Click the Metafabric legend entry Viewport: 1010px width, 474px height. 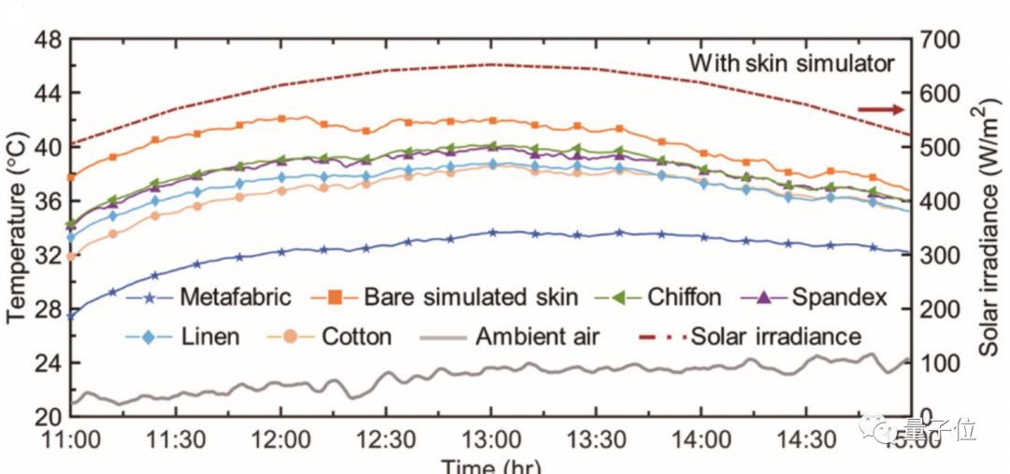(x=237, y=298)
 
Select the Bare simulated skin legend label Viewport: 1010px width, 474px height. (x=470, y=298)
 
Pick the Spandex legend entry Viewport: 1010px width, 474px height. (x=836, y=298)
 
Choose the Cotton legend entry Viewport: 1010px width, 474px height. (x=356, y=335)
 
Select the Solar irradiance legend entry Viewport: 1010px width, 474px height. (x=776, y=335)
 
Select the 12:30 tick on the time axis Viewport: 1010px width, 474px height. (x=386, y=438)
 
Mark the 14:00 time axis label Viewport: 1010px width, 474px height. (x=702, y=438)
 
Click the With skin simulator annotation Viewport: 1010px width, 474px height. (x=791, y=64)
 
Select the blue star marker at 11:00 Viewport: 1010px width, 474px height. (x=71, y=316)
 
